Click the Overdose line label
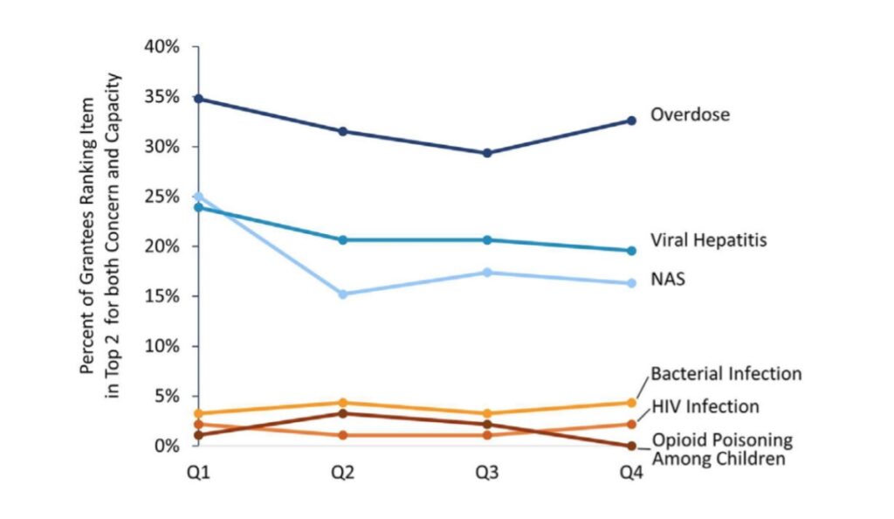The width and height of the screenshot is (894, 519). [690, 114]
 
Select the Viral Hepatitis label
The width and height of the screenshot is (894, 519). [708, 239]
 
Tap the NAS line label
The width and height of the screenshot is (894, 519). [668, 280]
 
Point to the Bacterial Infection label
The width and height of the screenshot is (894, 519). [726, 374]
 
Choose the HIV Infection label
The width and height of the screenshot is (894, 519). [705, 406]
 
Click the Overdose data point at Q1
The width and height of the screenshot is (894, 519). [199, 99]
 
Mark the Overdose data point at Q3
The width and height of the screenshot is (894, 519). [487, 153]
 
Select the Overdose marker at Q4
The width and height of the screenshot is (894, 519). [631, 120]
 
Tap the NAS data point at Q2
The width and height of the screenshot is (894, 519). [343, 294]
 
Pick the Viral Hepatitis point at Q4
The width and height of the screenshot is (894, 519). [631, 251]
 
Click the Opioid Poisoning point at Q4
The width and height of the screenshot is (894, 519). [631, 446]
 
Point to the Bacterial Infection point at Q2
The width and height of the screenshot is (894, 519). [343, 403]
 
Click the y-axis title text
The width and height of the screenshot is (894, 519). [100, 224]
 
